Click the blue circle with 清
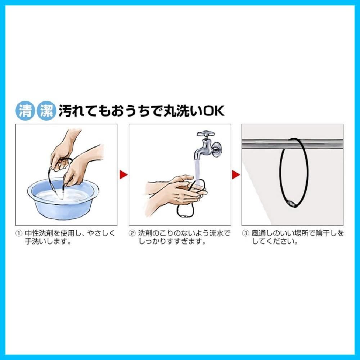(x=25, y=111)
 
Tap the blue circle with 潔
(x=46, y=111)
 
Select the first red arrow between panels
(x=123, y=175)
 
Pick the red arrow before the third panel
(x=236, y=175)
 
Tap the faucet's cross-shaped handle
(x=206, y=134)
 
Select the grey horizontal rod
(x=292, y=145)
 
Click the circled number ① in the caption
(x=18, y=233)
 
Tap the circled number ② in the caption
(x=132, y=233)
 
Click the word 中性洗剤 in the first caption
(x=39, y=233)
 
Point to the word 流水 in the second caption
(x=216, y=233)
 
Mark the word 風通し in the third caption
(x=263, y=233)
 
